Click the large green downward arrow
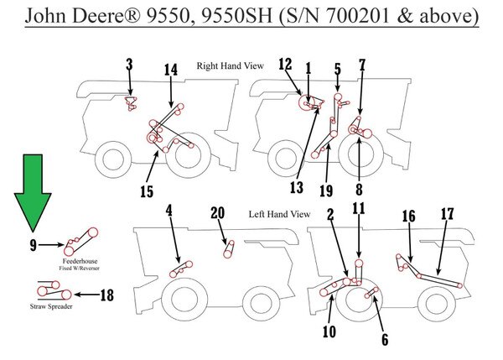(33, 190)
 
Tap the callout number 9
(34, 246)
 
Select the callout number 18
(106, 295)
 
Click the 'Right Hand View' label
(230, 65)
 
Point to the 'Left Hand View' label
(279, 214)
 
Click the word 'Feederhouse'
(80, 261)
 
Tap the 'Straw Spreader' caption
(51, 306)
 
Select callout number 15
(147, 191)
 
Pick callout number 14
(171, 70)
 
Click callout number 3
(129, 65)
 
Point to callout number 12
(285, 65)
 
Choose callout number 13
(297, 187)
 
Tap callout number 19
(326, 190)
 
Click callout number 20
(217, 213)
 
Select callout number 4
(169, 211)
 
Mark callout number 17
(448, 213)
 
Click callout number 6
(385, 340)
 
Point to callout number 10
(329, 331)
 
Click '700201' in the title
(359, 15)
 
